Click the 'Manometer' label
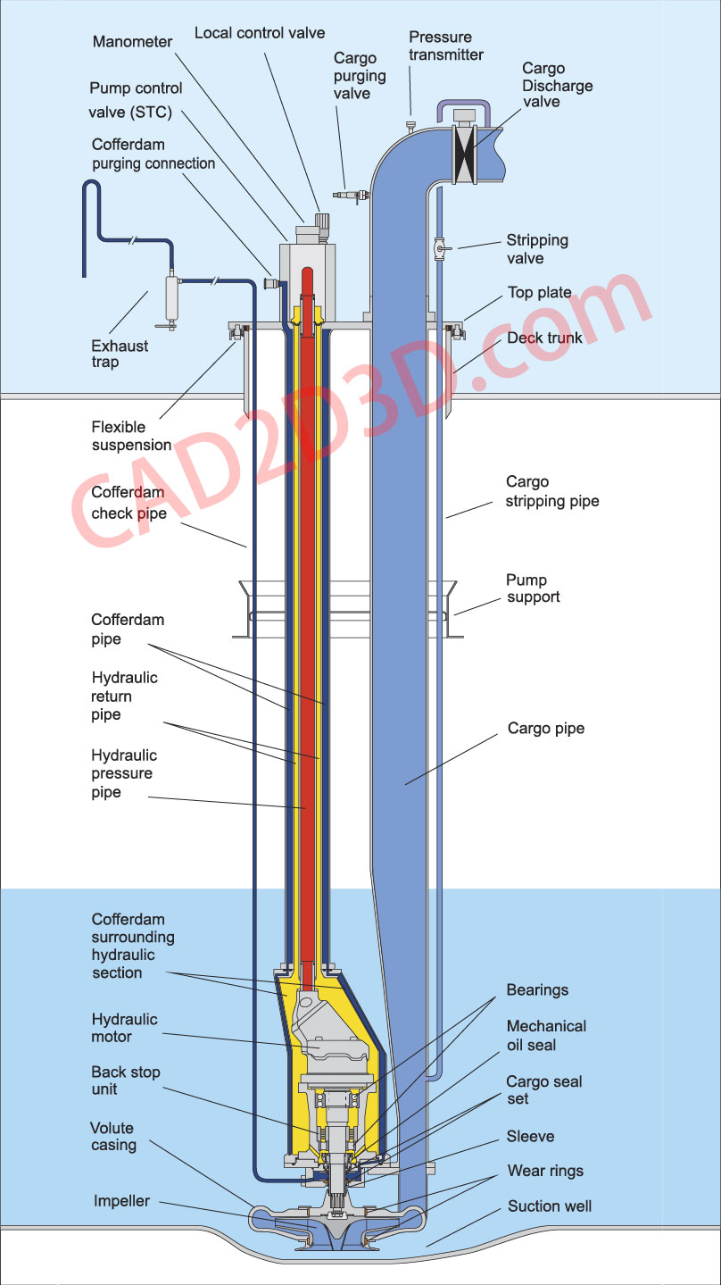[131, 41]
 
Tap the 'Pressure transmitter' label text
[446, 46]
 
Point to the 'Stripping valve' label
[537, 249]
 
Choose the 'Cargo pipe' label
[546, 729]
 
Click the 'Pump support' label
[534, 588]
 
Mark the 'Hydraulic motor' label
[124, 1028]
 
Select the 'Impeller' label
[121, 1201]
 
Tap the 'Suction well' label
[550, 1206]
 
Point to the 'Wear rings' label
[545, 1171]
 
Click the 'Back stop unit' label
[126, 1081]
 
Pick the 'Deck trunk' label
[544, 338]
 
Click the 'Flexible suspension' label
[131, 436]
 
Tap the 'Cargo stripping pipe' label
[552, 491]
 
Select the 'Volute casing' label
[113, 1136]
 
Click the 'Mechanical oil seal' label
[546, 1035]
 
